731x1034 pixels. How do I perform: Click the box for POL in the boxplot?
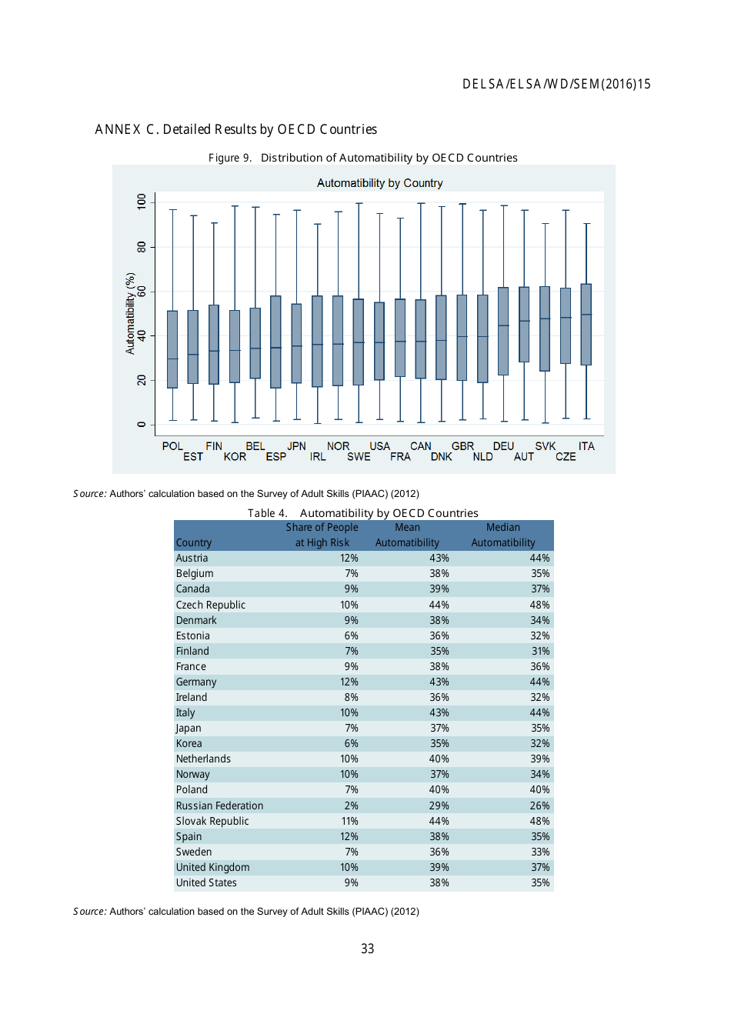click(172, 349)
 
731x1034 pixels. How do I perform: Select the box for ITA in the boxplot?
click(586, 324)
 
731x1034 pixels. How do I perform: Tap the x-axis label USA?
click(379, 446)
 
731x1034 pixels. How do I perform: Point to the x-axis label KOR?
click(235, 457)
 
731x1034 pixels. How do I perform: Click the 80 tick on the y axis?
click(142, 247)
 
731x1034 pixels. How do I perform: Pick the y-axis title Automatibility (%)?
click(130, 313)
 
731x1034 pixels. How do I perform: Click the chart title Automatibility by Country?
click(379, 183)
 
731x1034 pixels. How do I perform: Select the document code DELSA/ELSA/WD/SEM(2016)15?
click(556, 85)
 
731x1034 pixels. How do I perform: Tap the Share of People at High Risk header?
click(322, 535)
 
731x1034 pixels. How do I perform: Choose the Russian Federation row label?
click(219, 806)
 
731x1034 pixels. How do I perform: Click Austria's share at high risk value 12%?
click(349, 559)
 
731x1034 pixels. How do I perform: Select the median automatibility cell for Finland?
click(540, 651)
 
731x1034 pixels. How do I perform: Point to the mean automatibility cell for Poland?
click(439, 789)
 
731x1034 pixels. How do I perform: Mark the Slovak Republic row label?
click(212, 821)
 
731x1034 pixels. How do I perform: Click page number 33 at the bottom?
click(367, 949)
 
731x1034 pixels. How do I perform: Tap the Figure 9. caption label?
click(229, 158)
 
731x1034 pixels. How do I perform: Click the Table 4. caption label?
click(267, 513)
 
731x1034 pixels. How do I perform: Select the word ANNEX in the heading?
click(118, 129)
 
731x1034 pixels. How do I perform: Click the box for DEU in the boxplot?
click(503, 331)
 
